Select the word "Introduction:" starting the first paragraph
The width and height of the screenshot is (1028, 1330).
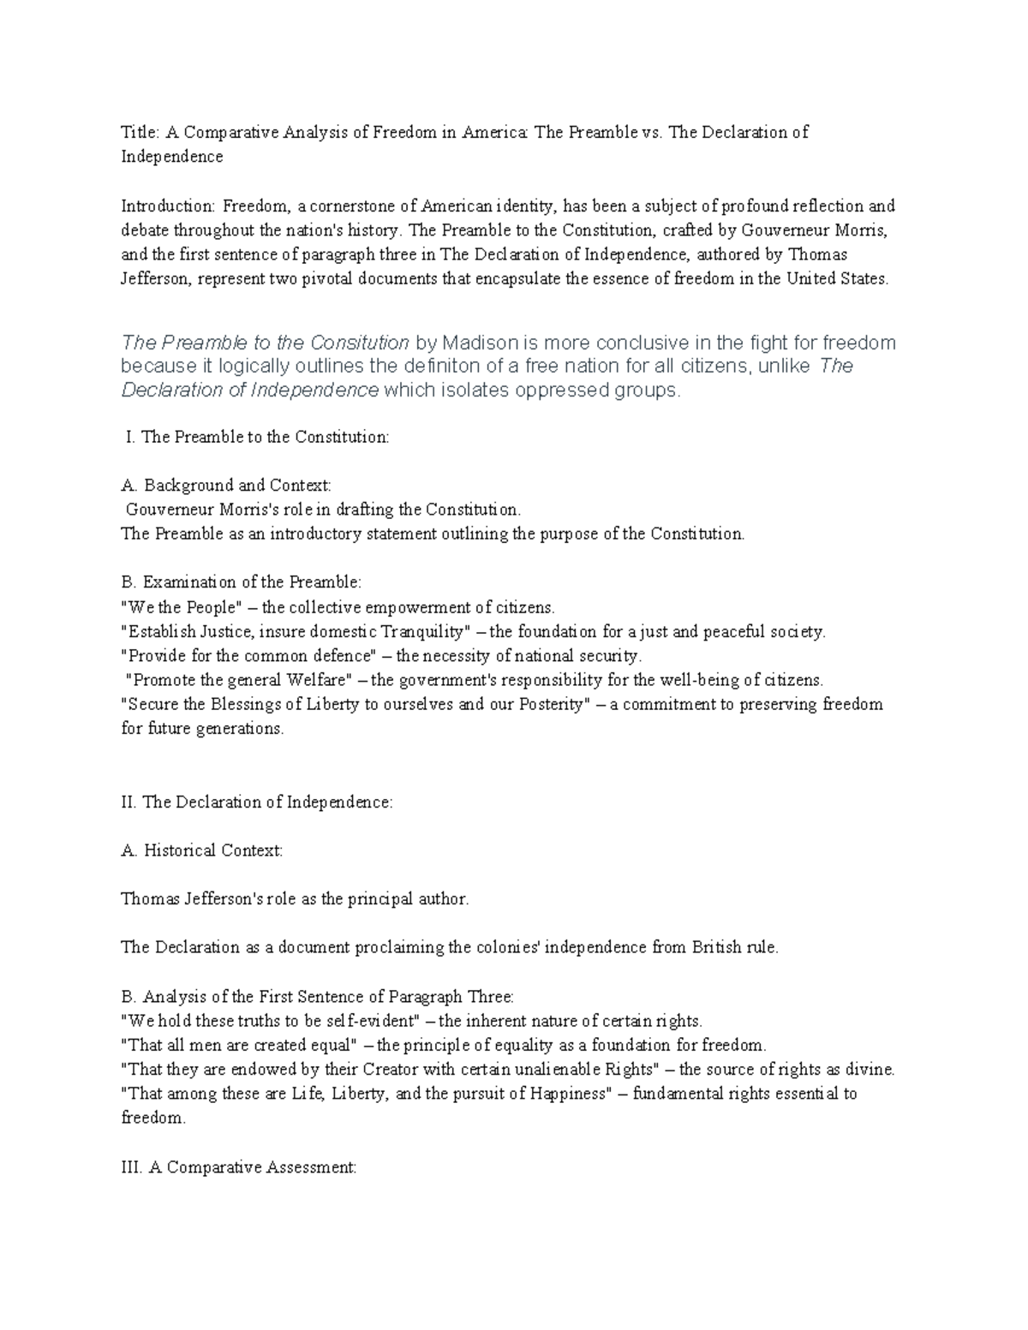(168, 206)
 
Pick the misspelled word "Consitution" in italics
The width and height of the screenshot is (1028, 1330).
(358, 343)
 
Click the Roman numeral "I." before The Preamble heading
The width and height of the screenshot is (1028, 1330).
(130, 437)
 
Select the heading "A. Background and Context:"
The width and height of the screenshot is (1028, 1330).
(226, 486)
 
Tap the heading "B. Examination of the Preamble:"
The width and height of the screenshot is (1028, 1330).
(242, 582)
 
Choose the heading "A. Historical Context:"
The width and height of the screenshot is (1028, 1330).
(202, 850)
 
